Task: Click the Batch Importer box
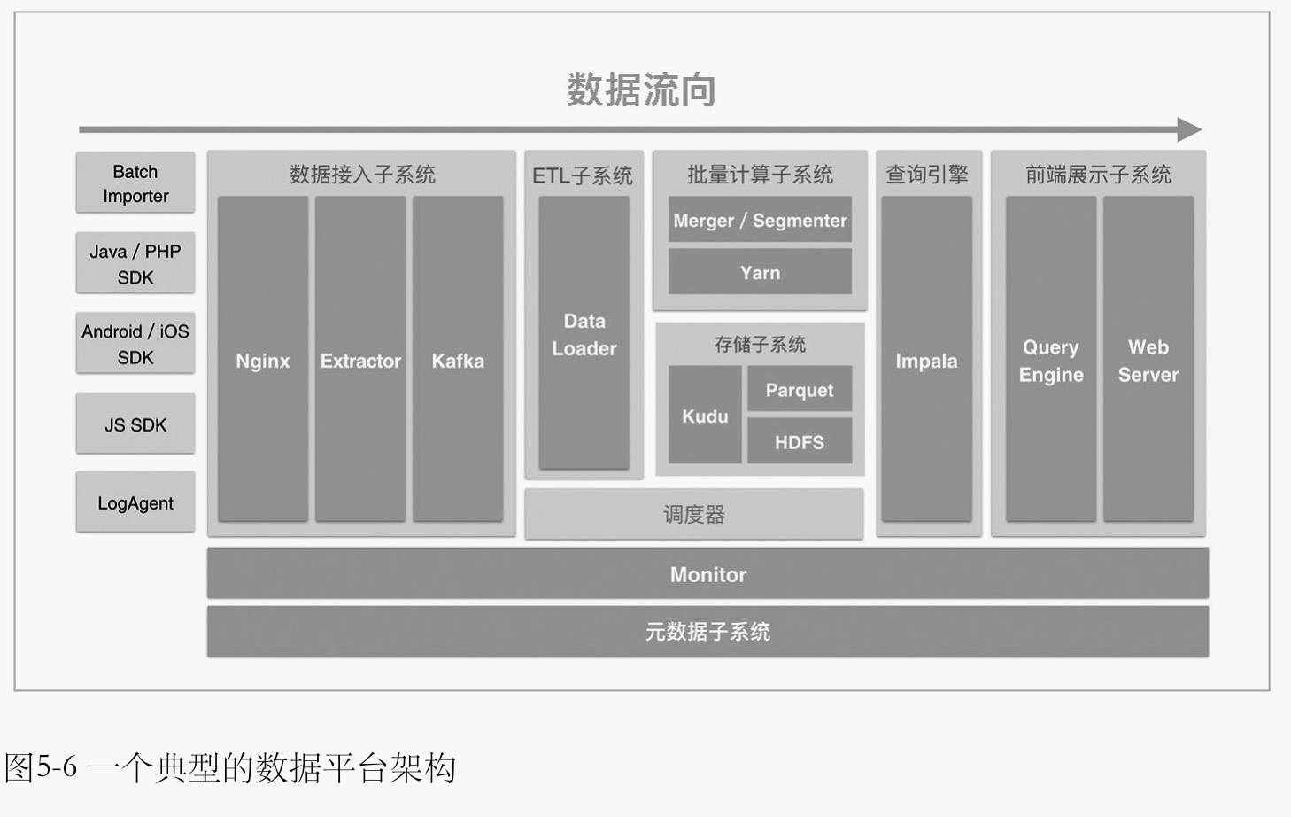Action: tap(135, 183)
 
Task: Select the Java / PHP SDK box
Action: tap(135, 263)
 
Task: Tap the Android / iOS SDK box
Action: tap(135, 343)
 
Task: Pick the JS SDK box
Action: tap(135, 424)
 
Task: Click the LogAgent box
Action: tap(135, 502)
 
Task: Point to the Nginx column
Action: tap(263, 360)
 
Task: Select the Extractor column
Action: tap(360, 360)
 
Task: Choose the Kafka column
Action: tap(458, 360)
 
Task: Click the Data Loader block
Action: tap(584, 333)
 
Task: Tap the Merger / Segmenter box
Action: tap(760, 220)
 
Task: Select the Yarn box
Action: tap(760, 272)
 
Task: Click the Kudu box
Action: tap(705, 416)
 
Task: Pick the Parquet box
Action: tap(799, 390)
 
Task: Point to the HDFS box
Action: tap(799, 441)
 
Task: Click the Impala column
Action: tap(926, 360)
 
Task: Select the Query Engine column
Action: tap(1051, 360)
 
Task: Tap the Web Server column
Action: tap(1148, 360)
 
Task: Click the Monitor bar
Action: tap(707, 574)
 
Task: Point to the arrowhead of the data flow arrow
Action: tap(1189, 129)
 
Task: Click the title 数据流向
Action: tap(641, 89)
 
